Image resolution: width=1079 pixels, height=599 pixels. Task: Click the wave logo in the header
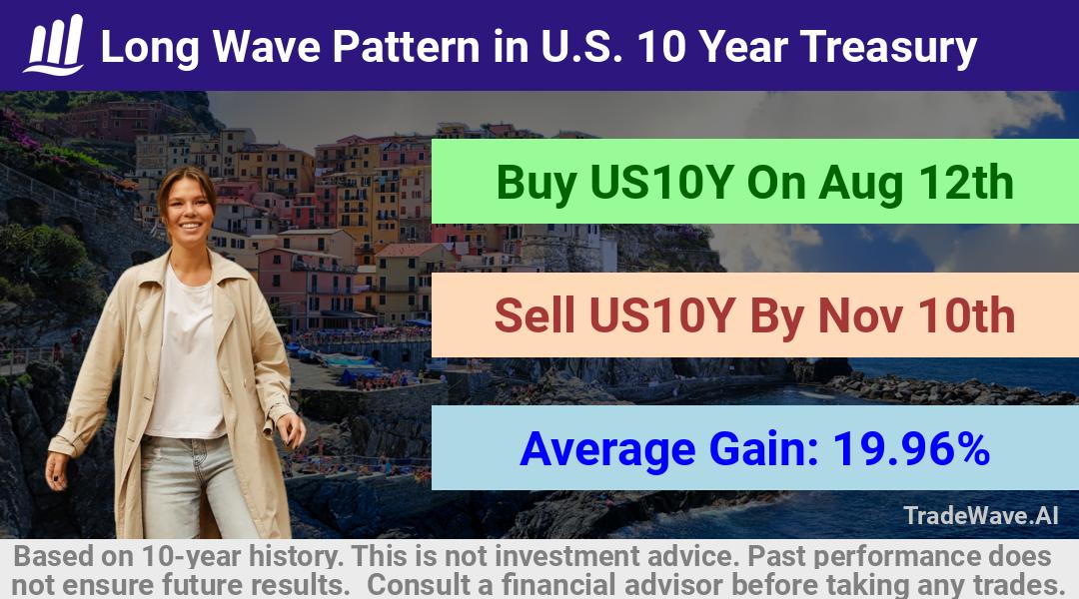tap(54, 45)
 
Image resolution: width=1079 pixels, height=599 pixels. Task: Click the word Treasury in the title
tap(888, 48)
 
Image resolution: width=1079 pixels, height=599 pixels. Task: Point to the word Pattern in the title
tap(407, 47)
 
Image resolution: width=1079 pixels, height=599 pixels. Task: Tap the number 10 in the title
tap(661, 47)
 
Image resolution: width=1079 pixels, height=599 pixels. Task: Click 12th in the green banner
tap(967, 183)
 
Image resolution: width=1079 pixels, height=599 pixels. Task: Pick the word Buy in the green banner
tap(537, 184)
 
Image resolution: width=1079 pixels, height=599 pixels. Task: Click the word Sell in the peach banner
tap(535, 315)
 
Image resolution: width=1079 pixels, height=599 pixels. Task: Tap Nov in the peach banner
tap(860, 315)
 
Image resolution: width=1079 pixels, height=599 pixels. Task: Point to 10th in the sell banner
tap(966, 315)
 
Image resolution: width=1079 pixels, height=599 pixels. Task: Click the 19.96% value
tap(911, 448)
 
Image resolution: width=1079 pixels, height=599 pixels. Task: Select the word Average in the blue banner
tap(608, 450)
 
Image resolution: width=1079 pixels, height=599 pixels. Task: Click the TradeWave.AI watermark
tap(981, 515)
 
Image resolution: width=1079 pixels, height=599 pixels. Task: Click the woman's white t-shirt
tap(186, 357)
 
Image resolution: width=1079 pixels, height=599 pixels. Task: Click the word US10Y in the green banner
tap(660, 183)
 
